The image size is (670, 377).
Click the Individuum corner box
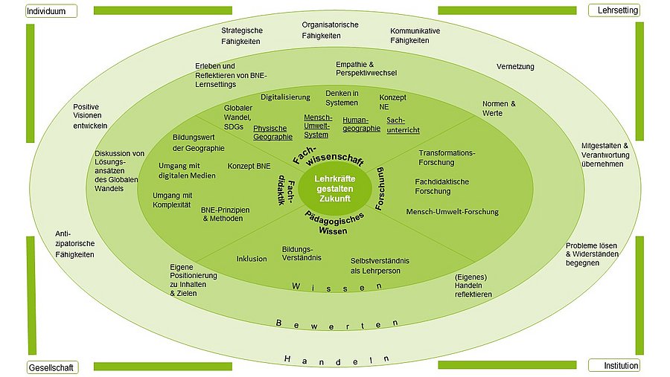(x=51, y=11)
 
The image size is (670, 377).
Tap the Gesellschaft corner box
(x=51, y=367)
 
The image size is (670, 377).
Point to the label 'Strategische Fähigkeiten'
(x=241, y=36)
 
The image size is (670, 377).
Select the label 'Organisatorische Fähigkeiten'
(x=330, y=30)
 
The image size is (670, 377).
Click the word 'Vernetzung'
(x=515, y=67)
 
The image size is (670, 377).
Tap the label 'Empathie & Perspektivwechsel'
(x=366, y=68)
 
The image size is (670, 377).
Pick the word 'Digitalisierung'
(x=285, y=97)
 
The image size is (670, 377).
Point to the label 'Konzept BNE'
(x=249, y=166)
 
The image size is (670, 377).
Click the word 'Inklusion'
(x=252, y=259)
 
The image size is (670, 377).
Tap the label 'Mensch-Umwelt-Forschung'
(x=452, y=212)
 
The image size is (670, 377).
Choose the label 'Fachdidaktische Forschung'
(x=443, y=186)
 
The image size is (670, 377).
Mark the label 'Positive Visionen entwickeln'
(x=91, y=116)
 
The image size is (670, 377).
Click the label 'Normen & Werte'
(x=499, y=108)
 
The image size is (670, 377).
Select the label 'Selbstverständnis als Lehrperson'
(x=380, y=265)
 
